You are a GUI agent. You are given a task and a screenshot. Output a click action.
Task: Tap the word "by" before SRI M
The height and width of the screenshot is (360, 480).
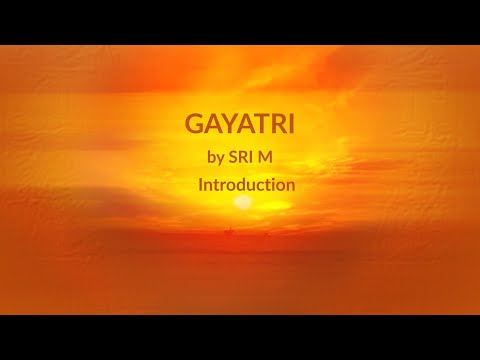214,158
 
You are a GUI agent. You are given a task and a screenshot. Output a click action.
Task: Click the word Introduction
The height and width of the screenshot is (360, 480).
246,185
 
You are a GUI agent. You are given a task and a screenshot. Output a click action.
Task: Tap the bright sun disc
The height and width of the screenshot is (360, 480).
242,202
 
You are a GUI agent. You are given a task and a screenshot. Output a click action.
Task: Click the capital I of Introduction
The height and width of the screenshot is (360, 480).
201,185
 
